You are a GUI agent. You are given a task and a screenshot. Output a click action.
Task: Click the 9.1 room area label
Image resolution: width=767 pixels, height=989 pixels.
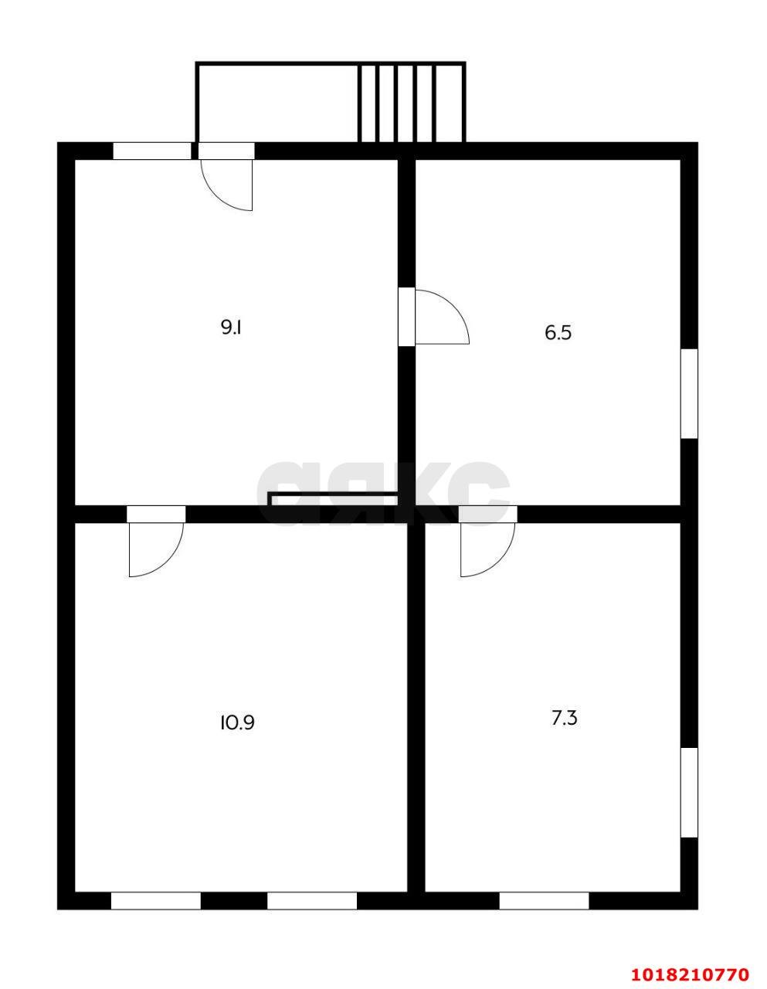(x=231, y=328)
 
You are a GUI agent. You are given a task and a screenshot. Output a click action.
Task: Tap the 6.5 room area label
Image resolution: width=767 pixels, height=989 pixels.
(x=558, y=333)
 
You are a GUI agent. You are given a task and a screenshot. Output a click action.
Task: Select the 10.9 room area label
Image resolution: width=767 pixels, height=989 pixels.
(x=237, y=735)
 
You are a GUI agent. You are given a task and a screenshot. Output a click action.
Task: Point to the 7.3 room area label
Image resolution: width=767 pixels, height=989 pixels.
(x=564, y=731)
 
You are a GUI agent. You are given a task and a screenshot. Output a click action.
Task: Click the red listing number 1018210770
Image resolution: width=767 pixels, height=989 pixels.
(x=690, y=970)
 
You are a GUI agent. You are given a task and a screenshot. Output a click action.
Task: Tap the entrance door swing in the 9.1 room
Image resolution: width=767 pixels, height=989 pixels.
(x=226, y=185)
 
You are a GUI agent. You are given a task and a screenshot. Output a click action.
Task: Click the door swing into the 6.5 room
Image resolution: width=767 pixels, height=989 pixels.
(x=442, y=316)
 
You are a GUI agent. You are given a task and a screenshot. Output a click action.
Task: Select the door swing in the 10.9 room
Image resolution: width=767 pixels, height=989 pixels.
(x=156, y=550)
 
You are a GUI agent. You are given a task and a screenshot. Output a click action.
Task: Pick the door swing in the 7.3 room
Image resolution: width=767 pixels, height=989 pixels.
(x=487, y=550)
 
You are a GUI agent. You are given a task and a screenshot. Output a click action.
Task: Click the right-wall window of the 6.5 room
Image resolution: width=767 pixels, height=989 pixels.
(x=689, y=394)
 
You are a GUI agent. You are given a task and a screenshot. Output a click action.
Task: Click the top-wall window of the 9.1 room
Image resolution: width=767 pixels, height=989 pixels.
(x=152, y=151)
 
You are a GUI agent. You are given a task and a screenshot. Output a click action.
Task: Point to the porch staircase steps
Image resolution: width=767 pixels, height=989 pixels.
(x=411, y=103)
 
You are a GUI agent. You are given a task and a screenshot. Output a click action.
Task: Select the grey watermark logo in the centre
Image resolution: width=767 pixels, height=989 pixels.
(x=383, y=494)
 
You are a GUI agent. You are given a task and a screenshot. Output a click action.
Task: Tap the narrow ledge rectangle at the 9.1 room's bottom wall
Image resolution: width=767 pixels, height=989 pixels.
(x=334, y=499)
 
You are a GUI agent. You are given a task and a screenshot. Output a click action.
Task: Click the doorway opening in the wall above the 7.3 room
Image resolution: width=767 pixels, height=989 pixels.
(x=487, y=515)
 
